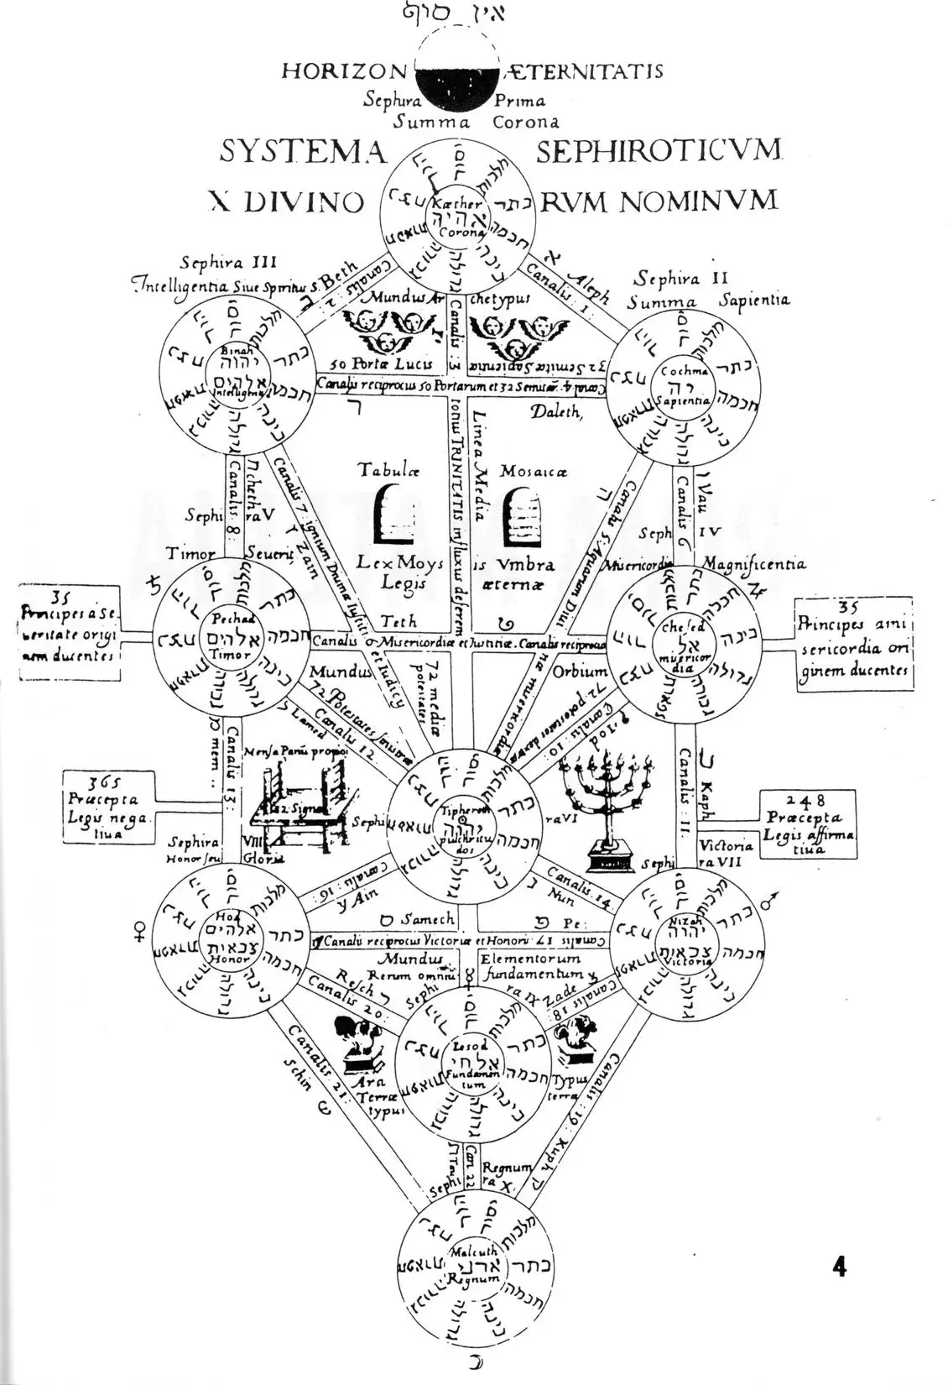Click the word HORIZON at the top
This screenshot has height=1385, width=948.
coord(343,71)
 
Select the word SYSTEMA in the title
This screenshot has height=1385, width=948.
coord(303,152)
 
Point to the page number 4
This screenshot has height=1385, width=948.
coord(839,1267)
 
